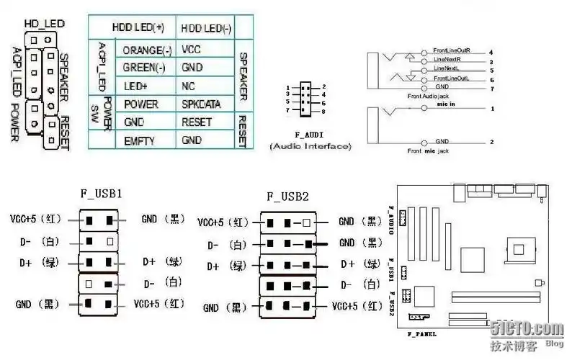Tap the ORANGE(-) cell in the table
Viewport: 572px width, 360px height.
pos(147,50)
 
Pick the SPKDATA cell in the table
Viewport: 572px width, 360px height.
pos(202,104)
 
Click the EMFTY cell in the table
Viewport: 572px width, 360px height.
pos(139,140)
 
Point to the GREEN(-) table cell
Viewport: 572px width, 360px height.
pos(146,68)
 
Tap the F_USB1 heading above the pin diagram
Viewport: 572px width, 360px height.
pos(101,194)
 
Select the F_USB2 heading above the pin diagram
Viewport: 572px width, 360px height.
pos(287,196)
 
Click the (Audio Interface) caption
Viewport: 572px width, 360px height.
pos(310,146)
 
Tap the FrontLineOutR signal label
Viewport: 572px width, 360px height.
pos(452,51)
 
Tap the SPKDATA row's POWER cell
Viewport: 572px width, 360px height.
pos(140,104)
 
